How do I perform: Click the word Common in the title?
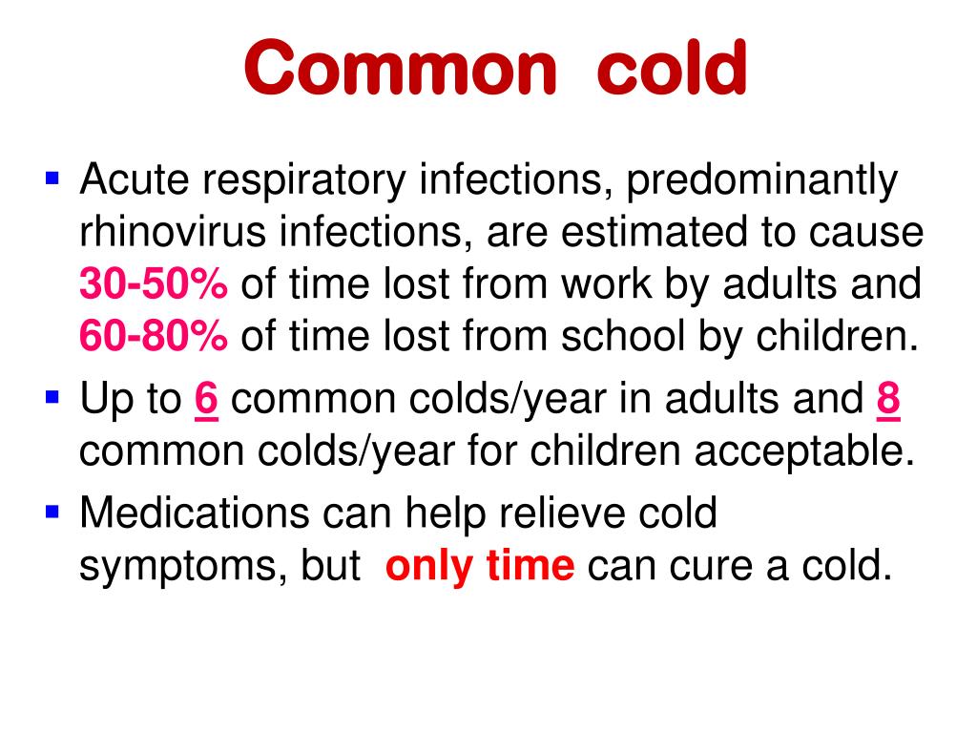(x=400, y=68)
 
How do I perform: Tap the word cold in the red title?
(x=672, y=66)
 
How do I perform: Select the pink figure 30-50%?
(x=154, y=283)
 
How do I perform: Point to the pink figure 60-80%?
(x=154, y=336)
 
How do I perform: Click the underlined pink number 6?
(x=206, y=399)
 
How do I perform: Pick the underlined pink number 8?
(x=888, y=399)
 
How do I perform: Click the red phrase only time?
(x=480, y=566)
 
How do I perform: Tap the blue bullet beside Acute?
(x=52, y=178)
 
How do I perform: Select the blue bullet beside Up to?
(x=52, y=397)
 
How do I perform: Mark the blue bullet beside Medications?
(x=52, y=513)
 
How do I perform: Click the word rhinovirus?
(x=173, y=231)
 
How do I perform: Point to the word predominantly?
(x=761, y=180)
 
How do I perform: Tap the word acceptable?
(x=804, y=452)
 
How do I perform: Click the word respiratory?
(x=303, y=180)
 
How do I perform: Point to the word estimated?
(x=654, y=231)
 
